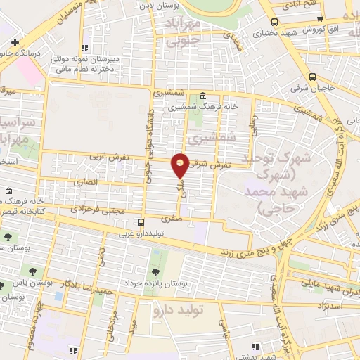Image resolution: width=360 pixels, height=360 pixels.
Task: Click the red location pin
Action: click(x=181, y=165)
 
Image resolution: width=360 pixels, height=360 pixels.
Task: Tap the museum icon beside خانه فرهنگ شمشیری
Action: click(x=203, y=96)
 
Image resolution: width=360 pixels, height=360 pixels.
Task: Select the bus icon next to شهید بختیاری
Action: click(x=274, y=22)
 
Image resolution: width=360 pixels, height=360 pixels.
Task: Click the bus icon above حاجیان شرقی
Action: click(x=312, y=77)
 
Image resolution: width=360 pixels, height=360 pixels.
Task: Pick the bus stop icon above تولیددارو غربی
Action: click(x=141, y=222)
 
